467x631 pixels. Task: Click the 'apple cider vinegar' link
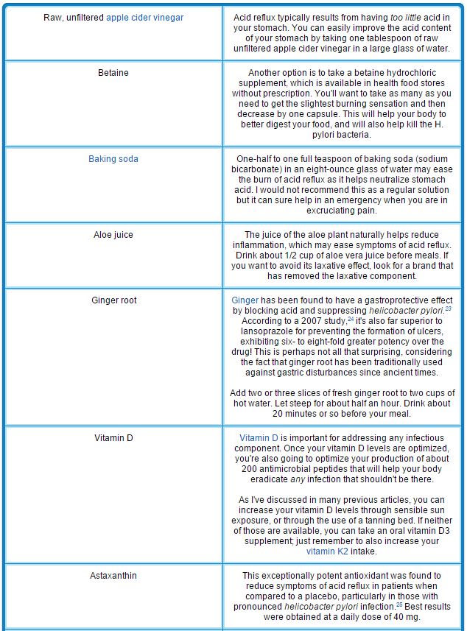(x=145, y=17)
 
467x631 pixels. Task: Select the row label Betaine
(x=113, y=73)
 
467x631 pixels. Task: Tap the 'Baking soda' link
(x=113, y=159)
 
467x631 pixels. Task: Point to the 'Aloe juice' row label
(x=113, y=235)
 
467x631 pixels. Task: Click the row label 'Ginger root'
(x=113, y=300)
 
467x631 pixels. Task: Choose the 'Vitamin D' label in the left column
(x=113, y=437)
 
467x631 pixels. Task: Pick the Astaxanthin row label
(x=113, y=576)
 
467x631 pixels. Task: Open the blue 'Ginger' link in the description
(x=245, y=300)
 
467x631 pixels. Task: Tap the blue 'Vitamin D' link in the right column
(x=259, y=437)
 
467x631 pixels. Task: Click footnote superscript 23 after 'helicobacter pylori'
(x=448, y=309)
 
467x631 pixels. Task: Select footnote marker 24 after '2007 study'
(x=352, y=320)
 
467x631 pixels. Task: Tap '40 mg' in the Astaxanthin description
(x=409, y=617)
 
